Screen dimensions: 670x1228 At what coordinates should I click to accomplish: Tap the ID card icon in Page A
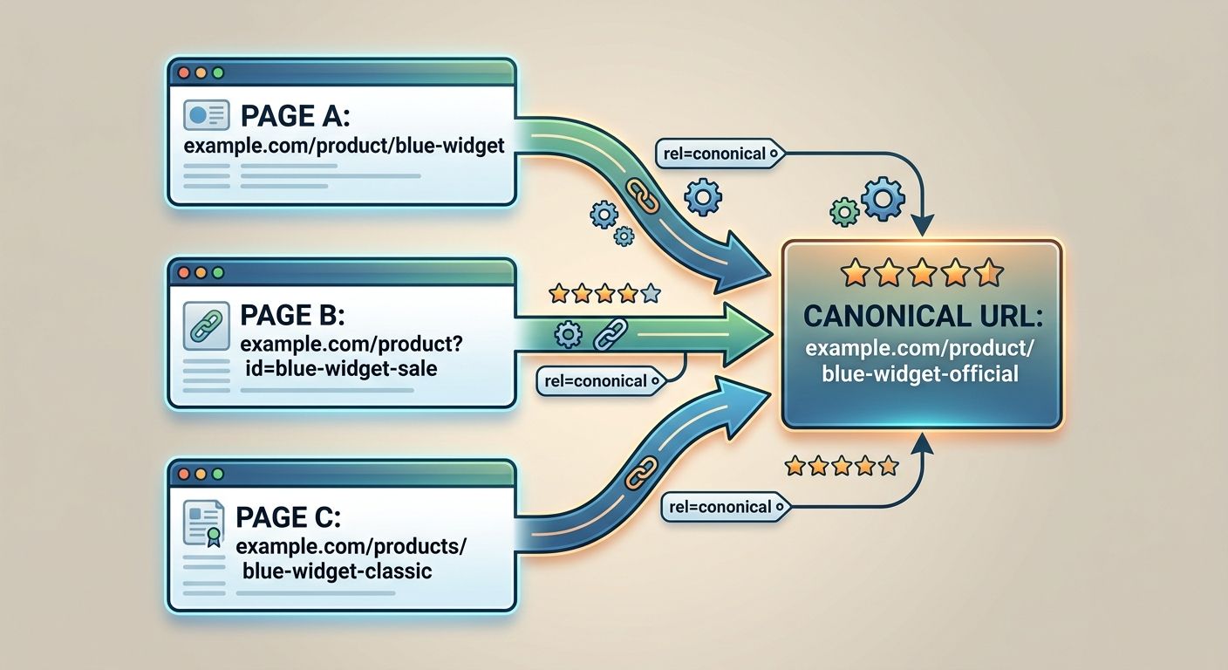click(x=207, y=115)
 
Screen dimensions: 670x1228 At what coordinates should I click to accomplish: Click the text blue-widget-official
click(x=921, y=374)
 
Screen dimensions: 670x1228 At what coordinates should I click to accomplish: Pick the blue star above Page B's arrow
click(x=650, y=294)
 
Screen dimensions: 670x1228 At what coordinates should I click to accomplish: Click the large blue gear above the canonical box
click(x=883, y=198)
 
